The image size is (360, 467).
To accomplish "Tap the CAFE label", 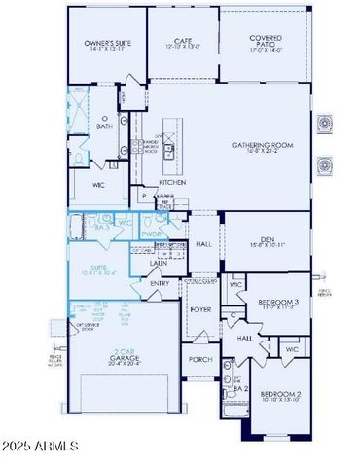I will point(182,40).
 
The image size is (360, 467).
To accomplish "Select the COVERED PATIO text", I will point(265,40).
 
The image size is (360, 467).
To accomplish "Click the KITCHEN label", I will point(172,182).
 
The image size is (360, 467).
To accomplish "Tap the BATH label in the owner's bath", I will point(103,126).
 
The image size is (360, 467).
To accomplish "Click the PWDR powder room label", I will point(152,234).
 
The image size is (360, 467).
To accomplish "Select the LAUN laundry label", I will point(159,263).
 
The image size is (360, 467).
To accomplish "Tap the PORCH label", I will point(200,359).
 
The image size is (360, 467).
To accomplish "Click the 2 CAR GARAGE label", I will point(124,357).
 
